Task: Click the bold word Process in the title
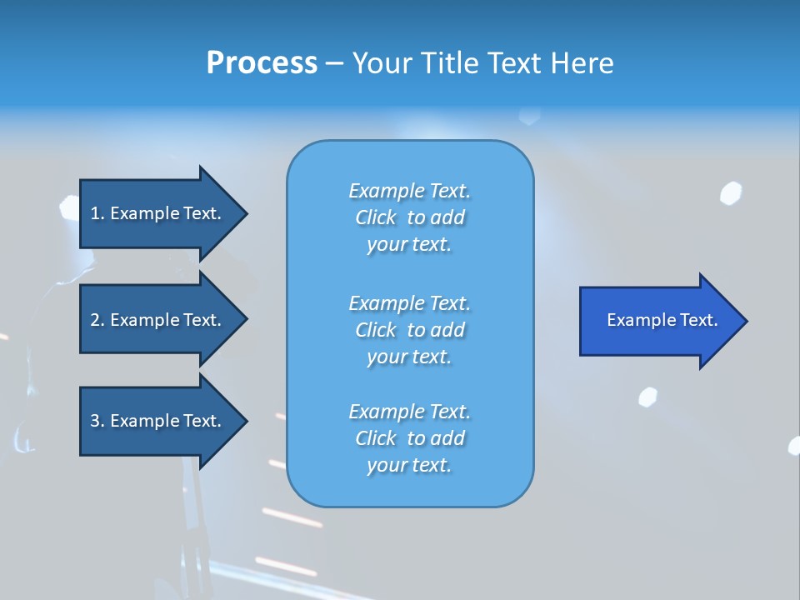point(262,63)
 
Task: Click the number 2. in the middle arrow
point(97,320)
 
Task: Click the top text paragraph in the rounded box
point(409,217)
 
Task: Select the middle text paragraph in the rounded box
point(409,330)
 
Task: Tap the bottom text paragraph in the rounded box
point(409,438)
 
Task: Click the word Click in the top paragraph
point(376,217)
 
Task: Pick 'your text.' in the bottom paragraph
point(409,466)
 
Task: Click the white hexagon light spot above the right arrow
point(731,193)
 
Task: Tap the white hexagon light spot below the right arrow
point(647,397)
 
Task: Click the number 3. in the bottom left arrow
point(97,421)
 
